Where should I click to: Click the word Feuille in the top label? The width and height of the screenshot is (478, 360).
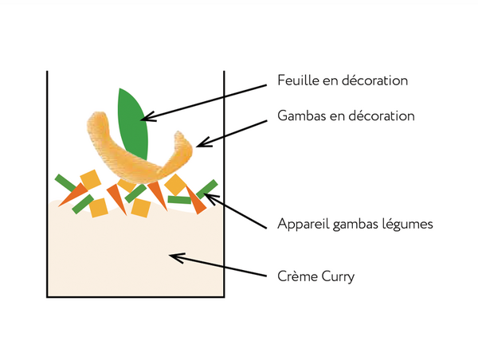297,81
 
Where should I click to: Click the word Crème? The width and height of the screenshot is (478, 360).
296,277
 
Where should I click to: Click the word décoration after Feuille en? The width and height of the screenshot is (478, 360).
373,81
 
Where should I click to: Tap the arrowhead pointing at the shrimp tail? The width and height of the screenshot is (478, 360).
200,144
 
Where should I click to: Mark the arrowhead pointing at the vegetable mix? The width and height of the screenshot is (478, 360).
210,194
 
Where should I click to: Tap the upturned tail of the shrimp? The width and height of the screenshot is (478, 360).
183,147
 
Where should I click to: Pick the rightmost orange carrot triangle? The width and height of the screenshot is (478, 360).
197,201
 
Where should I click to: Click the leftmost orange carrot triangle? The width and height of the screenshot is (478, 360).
72,194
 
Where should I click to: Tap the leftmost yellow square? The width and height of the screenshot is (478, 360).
89,180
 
